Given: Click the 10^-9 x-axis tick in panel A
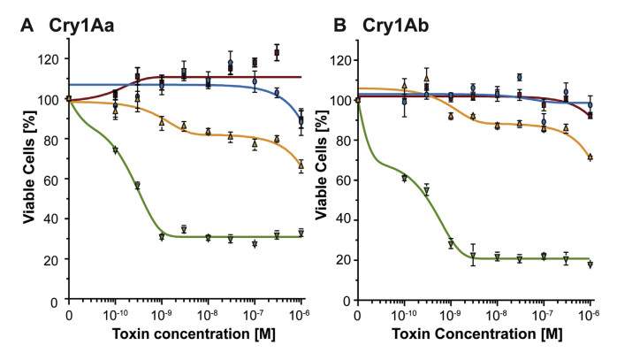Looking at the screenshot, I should pyautogui.click(x=161, y=316).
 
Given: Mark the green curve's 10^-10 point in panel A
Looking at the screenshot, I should pyautogui.click(x=115, y=150).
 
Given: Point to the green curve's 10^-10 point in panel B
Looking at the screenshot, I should pyautogui.click(x=404, y=178).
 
